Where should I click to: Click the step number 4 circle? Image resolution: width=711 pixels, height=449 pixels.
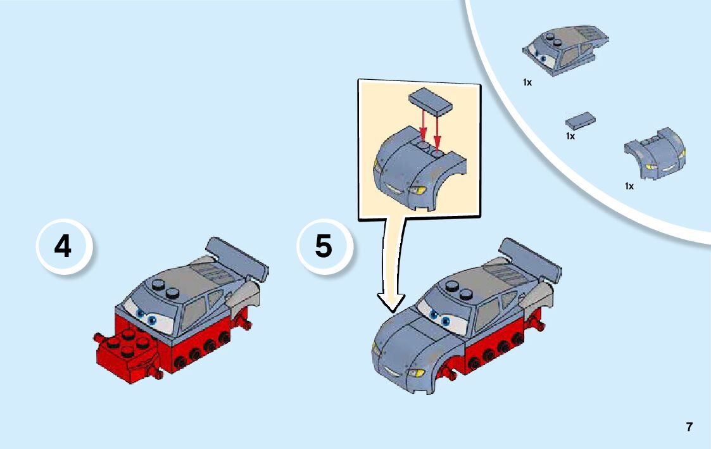point(64,247)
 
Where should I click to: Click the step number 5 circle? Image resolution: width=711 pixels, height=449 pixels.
point(325,247)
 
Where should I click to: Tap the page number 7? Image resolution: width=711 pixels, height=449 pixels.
point(689,427)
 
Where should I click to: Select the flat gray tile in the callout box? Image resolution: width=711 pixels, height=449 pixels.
point(431,100)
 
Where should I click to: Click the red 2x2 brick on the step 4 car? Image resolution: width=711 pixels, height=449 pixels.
point(126,349)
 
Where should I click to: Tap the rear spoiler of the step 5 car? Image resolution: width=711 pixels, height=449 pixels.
point(530,258)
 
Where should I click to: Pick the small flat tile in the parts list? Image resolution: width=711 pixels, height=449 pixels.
point(581,120)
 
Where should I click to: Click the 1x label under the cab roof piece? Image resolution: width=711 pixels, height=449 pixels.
point(527,82)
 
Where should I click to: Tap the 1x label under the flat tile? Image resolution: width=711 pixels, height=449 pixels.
point(570,136)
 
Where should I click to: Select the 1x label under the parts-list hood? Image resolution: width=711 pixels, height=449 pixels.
point(629,186)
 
